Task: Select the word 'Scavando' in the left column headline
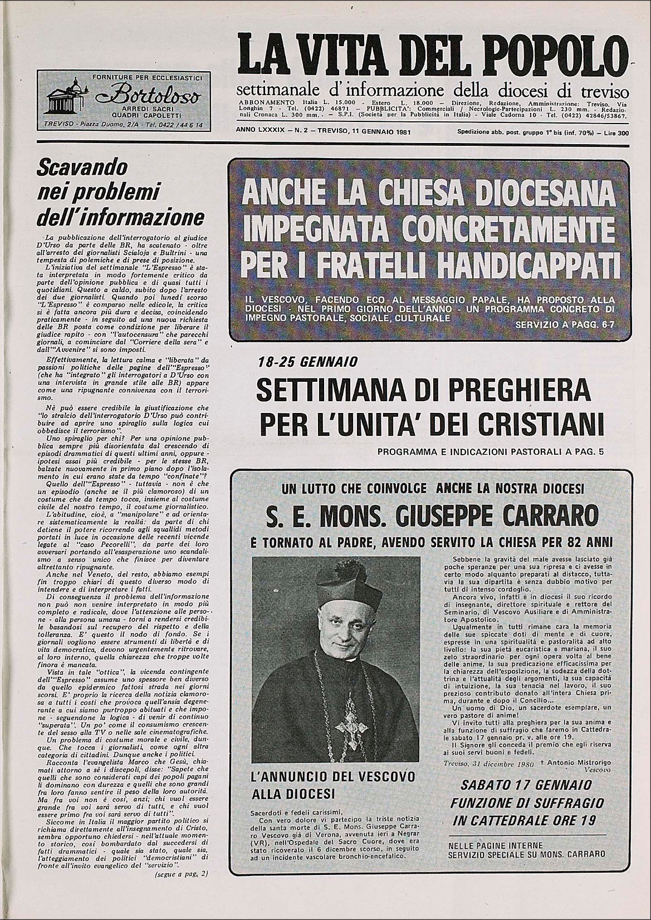pyautogui.click(x=82, y=167)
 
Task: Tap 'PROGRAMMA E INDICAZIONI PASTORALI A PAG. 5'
pyautogui.click(x=490, y=451)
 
